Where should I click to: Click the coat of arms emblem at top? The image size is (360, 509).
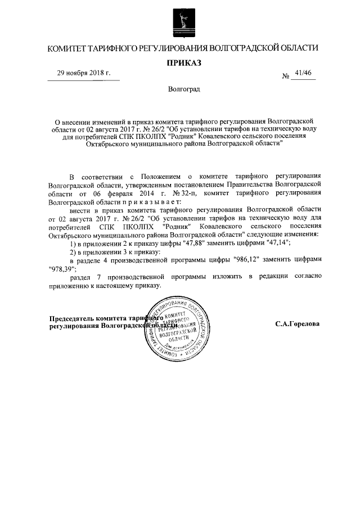(179, 24)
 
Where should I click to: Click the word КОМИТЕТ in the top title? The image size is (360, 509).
(67, 49)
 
